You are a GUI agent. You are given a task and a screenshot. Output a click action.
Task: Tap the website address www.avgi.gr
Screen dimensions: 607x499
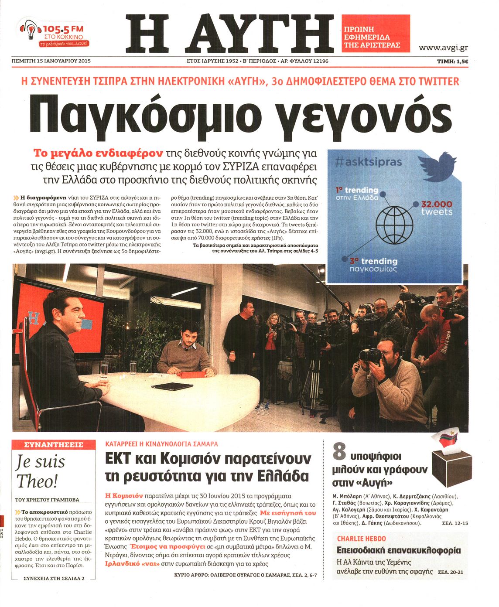(443, 48)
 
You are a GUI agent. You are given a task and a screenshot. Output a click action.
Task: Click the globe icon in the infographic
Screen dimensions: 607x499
(394, 220)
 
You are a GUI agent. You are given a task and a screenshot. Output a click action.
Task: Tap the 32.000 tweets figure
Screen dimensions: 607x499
(437, 208)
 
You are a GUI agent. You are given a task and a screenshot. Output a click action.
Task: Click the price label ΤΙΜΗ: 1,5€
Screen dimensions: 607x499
(452, 61)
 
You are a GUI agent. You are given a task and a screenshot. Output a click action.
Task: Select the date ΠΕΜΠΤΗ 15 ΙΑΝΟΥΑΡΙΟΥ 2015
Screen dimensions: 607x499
(51, 61)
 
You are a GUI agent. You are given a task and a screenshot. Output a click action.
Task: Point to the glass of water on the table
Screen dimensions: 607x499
(103, 370)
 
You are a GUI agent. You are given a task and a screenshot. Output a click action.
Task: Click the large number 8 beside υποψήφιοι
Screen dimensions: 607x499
(339, 452)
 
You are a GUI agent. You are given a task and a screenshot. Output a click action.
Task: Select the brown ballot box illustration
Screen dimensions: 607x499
(452, 467)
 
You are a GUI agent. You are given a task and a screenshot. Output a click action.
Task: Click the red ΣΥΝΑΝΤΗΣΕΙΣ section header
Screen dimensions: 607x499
(54, 445)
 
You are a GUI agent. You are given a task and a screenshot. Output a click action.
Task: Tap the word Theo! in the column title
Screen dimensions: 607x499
(38, 481)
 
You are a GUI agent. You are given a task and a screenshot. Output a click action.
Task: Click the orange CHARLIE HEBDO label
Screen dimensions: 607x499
(361, 539)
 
